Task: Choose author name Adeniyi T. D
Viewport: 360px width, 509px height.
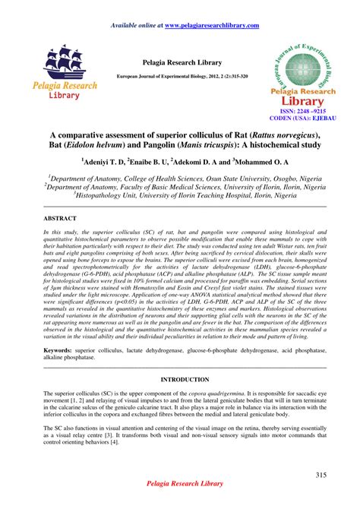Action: [x=103, y=162]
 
